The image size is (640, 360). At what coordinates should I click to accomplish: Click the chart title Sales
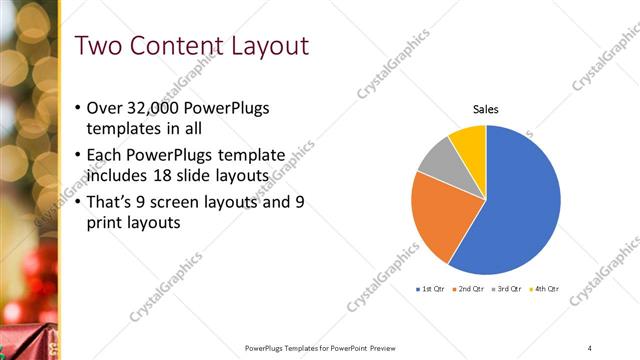pos(486,109)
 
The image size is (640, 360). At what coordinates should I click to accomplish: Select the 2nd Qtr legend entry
pos(471,289)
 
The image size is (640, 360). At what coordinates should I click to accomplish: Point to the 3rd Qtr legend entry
pos(508,289)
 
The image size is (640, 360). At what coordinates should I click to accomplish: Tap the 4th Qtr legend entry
pos(545,289)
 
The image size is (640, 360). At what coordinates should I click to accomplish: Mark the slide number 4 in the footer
pos(590,347)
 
